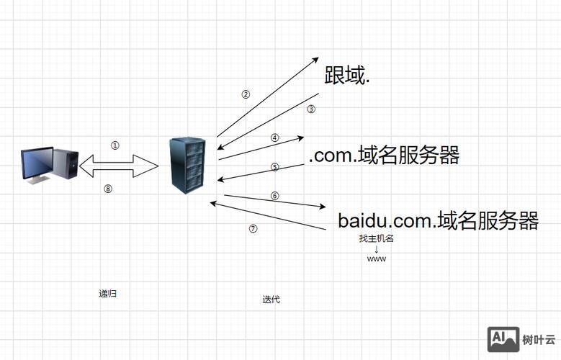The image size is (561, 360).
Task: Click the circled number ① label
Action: click(x=115, y=145)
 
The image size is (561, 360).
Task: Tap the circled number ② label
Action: click(x=246, y=94)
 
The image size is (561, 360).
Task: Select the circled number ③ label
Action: click(x=311, y=109)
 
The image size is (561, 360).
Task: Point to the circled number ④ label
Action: click(x=274, y=138)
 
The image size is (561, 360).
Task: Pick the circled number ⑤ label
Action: click(x=274, y=167)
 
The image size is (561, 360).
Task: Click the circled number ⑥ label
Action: click(x=274, y=196)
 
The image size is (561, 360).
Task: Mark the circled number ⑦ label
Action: click(x=253, y=229)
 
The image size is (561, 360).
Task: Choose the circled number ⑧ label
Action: click(x=109, y=189)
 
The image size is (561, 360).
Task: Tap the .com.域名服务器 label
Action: click(x=384, y=155)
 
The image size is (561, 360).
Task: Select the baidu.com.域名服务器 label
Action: click(x=438, y=220)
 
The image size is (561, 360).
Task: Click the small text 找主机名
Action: click(x=377, y=238)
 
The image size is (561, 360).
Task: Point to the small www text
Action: click(x=377, y=258)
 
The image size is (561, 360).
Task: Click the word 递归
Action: click(x=108, y=294)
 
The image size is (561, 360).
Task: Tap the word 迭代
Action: click(x=271, y=300)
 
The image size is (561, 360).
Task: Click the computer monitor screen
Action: click(x=37, y=163)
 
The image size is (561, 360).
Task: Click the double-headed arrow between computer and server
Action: click(x=119, y=167)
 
